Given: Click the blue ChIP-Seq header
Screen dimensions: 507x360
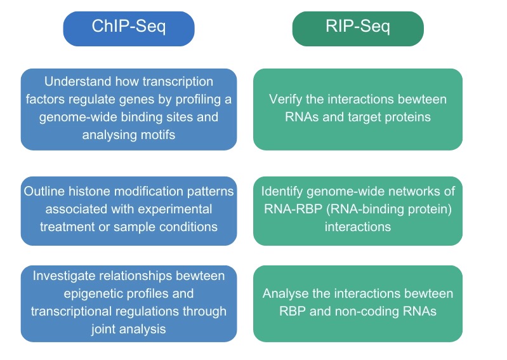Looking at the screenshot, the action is [x=129, y=29].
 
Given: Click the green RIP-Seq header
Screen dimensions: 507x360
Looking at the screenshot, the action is [x=358, y=29].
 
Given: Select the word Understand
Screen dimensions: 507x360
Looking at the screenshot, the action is [x=78, y=81].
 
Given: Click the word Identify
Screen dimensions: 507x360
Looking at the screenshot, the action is [x=282, y=191].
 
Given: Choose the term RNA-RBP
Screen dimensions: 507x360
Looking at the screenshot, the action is [x=293, y=209].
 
